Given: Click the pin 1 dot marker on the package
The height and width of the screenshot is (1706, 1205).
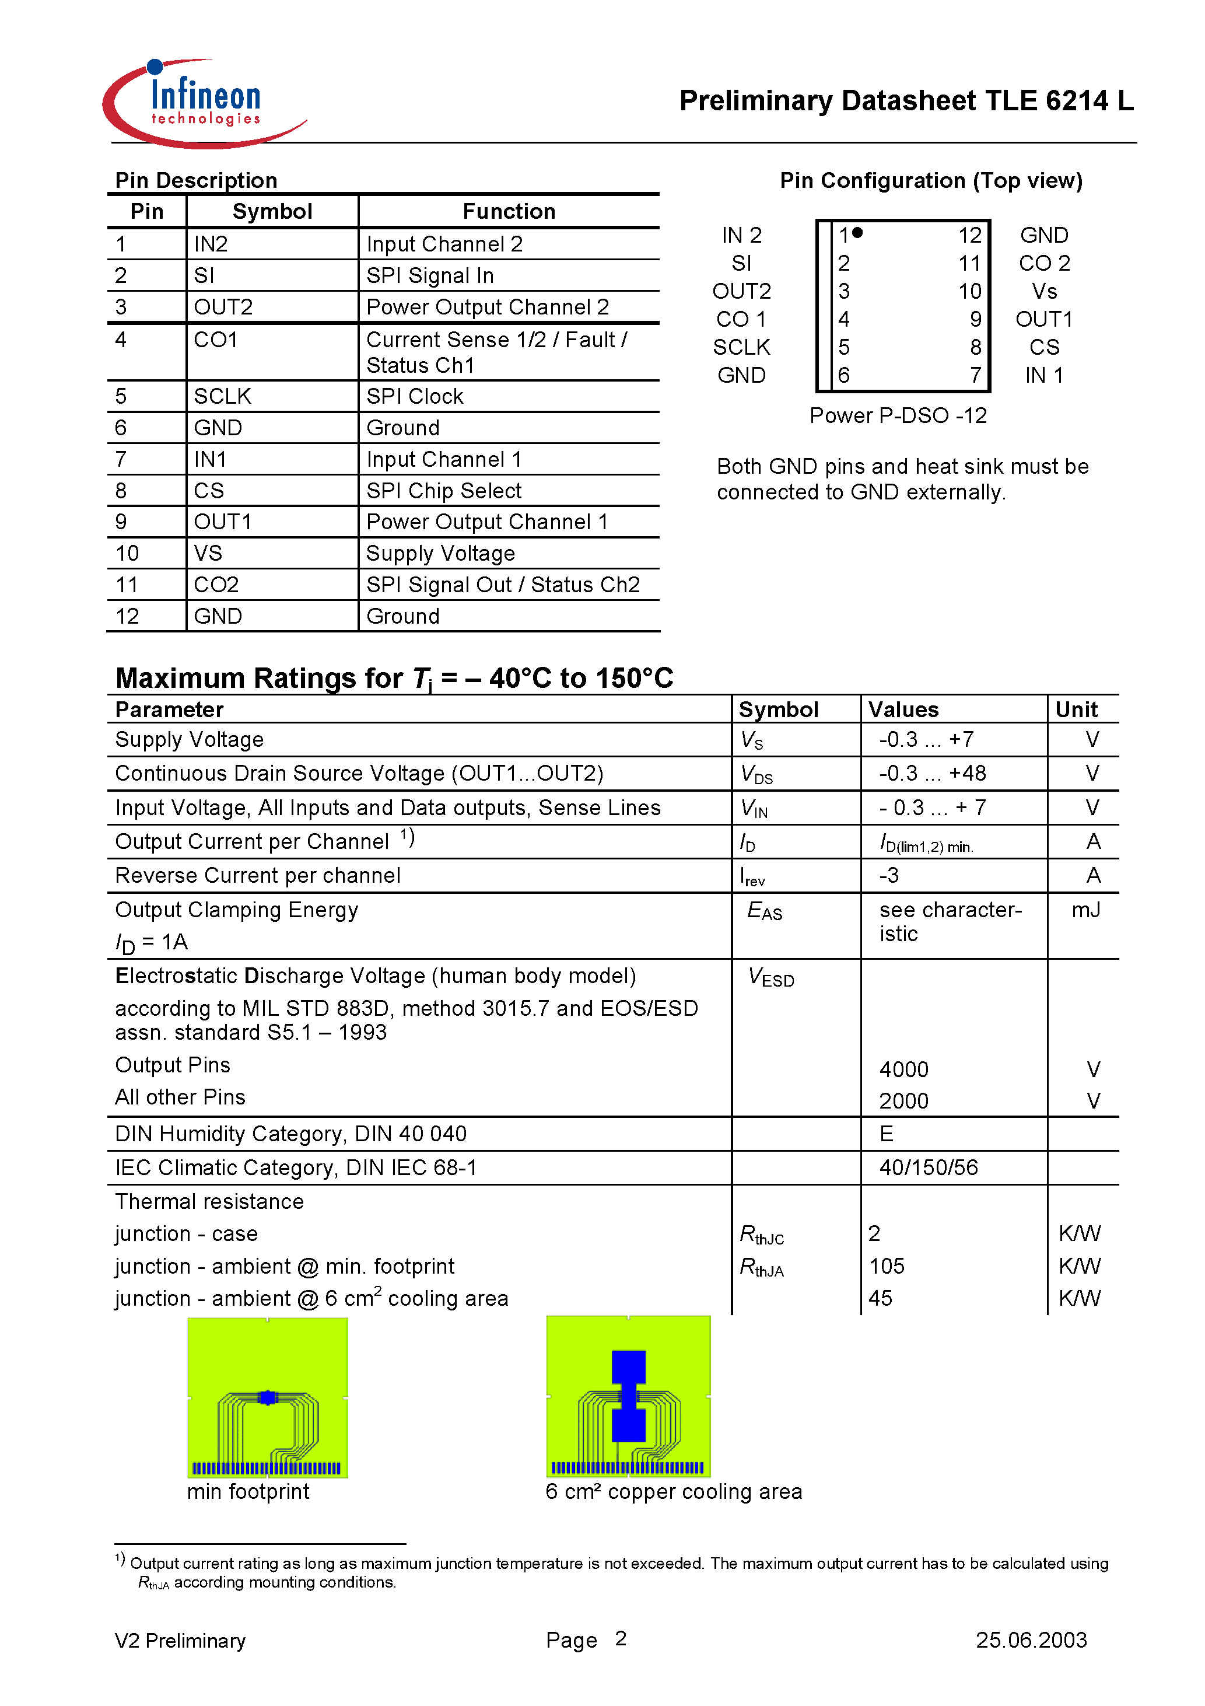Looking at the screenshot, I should point(857,233).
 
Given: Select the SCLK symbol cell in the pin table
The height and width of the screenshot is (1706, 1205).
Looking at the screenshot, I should point(222,396).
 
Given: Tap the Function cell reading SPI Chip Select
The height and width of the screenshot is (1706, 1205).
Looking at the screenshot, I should point(443,491).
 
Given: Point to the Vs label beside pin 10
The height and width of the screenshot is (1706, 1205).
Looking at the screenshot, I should point(1044,291).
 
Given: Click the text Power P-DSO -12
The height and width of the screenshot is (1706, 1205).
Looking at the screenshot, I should point(898,415).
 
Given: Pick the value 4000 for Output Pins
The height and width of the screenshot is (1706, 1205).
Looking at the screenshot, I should point(903,1069).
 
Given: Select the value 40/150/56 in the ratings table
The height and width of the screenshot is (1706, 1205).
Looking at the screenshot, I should point(928,1167).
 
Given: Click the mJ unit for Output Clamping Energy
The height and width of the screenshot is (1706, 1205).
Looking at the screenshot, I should point(1085,910).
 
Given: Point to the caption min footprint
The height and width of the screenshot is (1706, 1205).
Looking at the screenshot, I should point(247,1491).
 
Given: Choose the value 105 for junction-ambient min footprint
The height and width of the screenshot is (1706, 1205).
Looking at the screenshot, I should point(887,1266).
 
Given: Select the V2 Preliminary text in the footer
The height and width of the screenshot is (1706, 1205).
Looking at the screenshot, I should point(180,1641).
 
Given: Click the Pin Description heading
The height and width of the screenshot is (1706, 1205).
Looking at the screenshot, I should point(196,180).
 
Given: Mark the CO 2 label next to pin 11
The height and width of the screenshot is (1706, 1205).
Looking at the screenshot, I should point(1044,263).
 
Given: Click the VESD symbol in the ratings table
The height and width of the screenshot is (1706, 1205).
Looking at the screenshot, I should point(770,978).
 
